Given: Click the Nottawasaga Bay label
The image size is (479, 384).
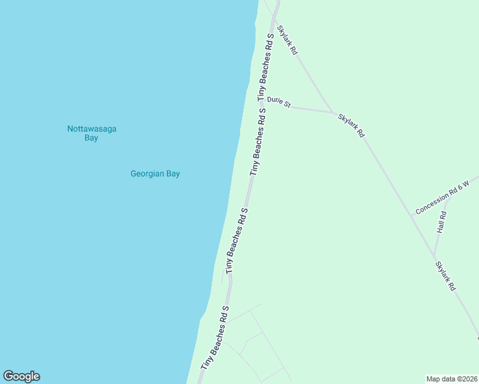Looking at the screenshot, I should coord(92,133).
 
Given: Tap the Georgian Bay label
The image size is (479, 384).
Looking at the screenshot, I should coord(155,173).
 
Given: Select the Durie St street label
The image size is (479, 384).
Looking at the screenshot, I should coord(279,102).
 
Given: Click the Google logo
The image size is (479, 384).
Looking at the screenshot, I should coord(21,376).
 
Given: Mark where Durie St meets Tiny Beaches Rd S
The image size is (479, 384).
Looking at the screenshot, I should coord(267,105).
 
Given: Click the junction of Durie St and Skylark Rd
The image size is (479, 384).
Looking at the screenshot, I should coord(336,113).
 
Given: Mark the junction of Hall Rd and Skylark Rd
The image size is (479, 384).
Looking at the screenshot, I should coord(434,252).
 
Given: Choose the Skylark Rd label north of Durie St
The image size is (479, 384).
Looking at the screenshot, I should coord(288,40).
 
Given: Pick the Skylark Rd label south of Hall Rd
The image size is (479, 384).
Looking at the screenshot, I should coord(445,276).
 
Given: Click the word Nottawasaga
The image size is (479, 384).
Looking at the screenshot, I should coord(92,129).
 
